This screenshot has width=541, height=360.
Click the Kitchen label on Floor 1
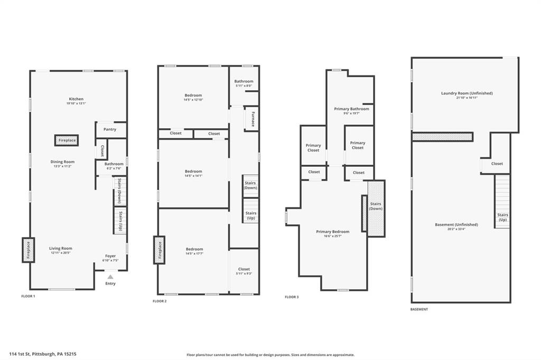click(76, 99)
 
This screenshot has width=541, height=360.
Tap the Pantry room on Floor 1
click(110, 129)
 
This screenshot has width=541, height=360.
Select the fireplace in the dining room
click(67, 140)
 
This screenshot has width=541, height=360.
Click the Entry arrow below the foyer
click(110, 277)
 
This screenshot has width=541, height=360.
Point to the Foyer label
click(110, 255)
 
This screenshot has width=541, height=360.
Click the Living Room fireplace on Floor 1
click(28, 250)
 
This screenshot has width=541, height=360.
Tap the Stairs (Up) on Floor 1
click(120, 220)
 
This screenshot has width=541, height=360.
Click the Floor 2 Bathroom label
click(244, 81)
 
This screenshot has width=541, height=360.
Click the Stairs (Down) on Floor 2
click(250, 185)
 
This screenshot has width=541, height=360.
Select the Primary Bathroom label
click(351, 109)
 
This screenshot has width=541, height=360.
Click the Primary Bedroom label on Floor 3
click(332, 232)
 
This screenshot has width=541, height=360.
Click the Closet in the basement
click(497, 164)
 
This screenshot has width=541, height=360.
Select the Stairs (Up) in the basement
click(502, 217)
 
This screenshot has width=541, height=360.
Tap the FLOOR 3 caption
click(292, 297)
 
